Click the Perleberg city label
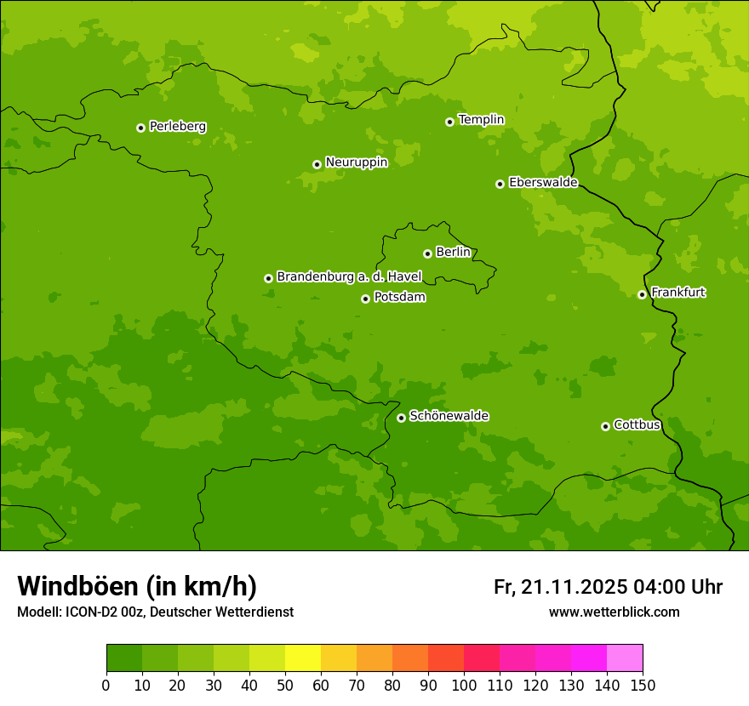pyautogui.click(x=177, y=127)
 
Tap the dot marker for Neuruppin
pyautogui.click(x=317, y=164)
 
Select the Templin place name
pyautogui.click(x=481, y=120)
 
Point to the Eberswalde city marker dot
pyautogui.click(x=500, y=184)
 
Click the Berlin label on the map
pyautogui.click(x=453, y=252)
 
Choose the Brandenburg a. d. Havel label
pyautogui.click(x=349, y=276)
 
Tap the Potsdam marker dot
pyautogui.click(x=365, y=299)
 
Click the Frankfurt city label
pyautogui.click(x=678, y=293)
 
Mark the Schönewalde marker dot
pyautogui.click(x=401, y=418)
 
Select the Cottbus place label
pyautogui.click(x=637, y=424)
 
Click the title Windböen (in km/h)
pyautogui.click(x=136, y=586)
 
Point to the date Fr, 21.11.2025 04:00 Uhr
pyautogui.click(x=608, y=587)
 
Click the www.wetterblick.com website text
pyautogui.click(x=614, y=612)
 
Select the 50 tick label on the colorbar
pyautogui.click(x=285, y=685)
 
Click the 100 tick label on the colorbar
pyautogui.click(x=464, y=685)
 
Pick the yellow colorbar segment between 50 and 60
pyautogui.click(x=303, y=658)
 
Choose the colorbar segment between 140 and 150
pyautogui.click(x=625, y=658)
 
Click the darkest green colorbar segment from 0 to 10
pyautogui.click(x=124, y=658)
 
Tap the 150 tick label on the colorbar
pyautogui.click(x=643, y=685)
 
